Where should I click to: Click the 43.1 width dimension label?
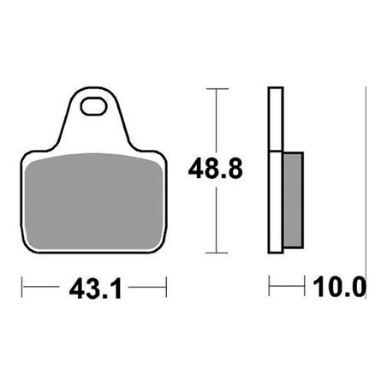[x=96, y=289]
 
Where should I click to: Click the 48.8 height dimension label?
[x=216, y=169]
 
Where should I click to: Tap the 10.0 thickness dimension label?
[x=340, y=287]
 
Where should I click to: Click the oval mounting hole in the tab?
[x=93, y=106]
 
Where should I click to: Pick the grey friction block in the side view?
[x=294, y=199]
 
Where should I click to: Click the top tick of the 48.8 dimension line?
[x=217, y=89]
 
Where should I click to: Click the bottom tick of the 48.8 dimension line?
[x=217, y=253]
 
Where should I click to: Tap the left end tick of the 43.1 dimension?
[x=22, y=287]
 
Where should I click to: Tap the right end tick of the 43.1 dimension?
[x=166, y=287]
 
